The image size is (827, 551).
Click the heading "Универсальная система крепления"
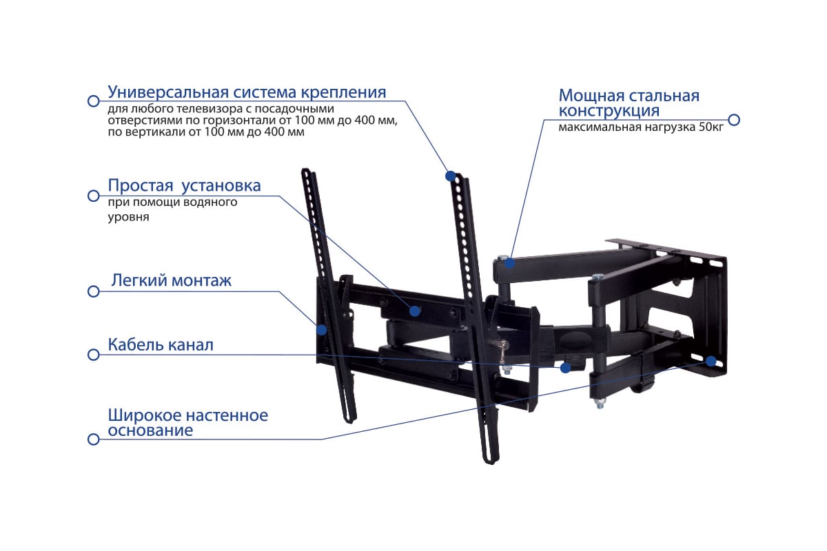click(247, 92)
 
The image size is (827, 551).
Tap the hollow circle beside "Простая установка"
click(94, 196)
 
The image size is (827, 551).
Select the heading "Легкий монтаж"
click(172, 281)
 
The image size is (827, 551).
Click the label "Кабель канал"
click(161, 344)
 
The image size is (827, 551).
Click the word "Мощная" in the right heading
click(591, 96)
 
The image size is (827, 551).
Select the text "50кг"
click(711, 127)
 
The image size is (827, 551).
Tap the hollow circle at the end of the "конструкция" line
click(734, 120)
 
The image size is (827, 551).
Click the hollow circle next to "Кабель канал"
click(94, 355)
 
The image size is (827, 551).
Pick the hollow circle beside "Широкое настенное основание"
click(94, 439)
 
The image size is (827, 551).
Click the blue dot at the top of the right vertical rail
click(451, 176)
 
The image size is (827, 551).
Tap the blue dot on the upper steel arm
click(510, 263)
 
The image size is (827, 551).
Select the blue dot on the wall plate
click(711, 362)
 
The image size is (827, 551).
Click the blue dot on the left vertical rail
click(322, 329)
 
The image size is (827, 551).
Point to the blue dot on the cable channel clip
click(565, 368)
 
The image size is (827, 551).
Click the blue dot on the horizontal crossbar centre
click(415, 311)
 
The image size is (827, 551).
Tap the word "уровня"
click(128, 218)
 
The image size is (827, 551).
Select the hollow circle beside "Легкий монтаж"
click(94, 291)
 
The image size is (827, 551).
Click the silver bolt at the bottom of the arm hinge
click(600, 404)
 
